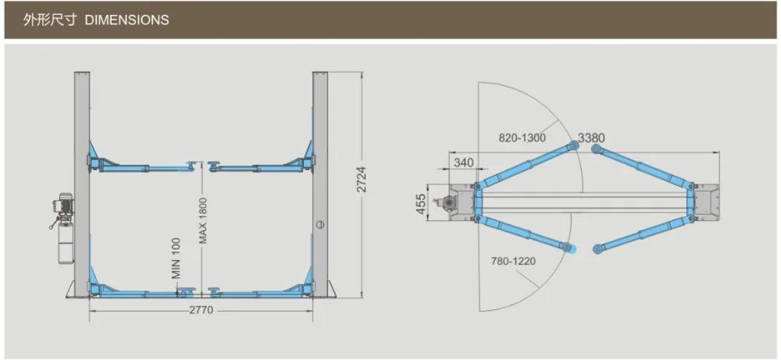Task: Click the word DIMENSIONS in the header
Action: (127, 20)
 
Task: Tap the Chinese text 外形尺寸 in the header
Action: (50, 20)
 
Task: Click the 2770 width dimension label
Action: (201, 310)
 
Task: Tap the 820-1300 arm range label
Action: (522, 138)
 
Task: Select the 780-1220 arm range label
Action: (513, 261)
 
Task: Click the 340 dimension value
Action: (463, 162)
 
